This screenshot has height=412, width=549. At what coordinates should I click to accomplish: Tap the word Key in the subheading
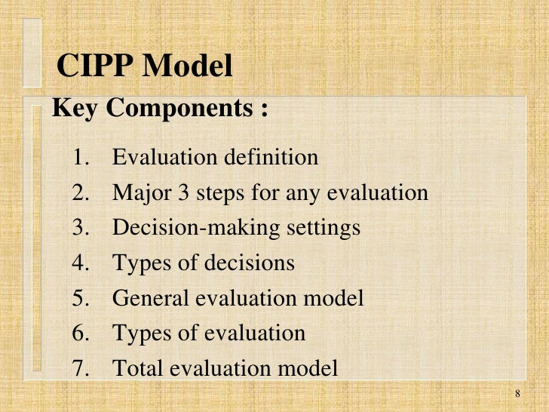tap(74, 109)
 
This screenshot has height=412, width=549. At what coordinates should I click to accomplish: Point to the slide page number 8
tap(518, 395)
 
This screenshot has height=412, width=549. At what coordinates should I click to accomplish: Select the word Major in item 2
tap(137, 193)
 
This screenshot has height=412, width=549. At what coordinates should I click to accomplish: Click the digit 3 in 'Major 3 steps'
tap(176, 193)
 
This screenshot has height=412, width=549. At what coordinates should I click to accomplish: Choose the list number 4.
tap(81, 263)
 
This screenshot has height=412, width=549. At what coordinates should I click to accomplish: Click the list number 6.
tap(81, 333)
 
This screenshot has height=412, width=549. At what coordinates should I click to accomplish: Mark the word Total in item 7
tap(136, 368)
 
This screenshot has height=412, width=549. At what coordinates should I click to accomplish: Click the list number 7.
tap(81, 368)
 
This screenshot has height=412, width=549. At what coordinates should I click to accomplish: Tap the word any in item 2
tap(299, 193)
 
